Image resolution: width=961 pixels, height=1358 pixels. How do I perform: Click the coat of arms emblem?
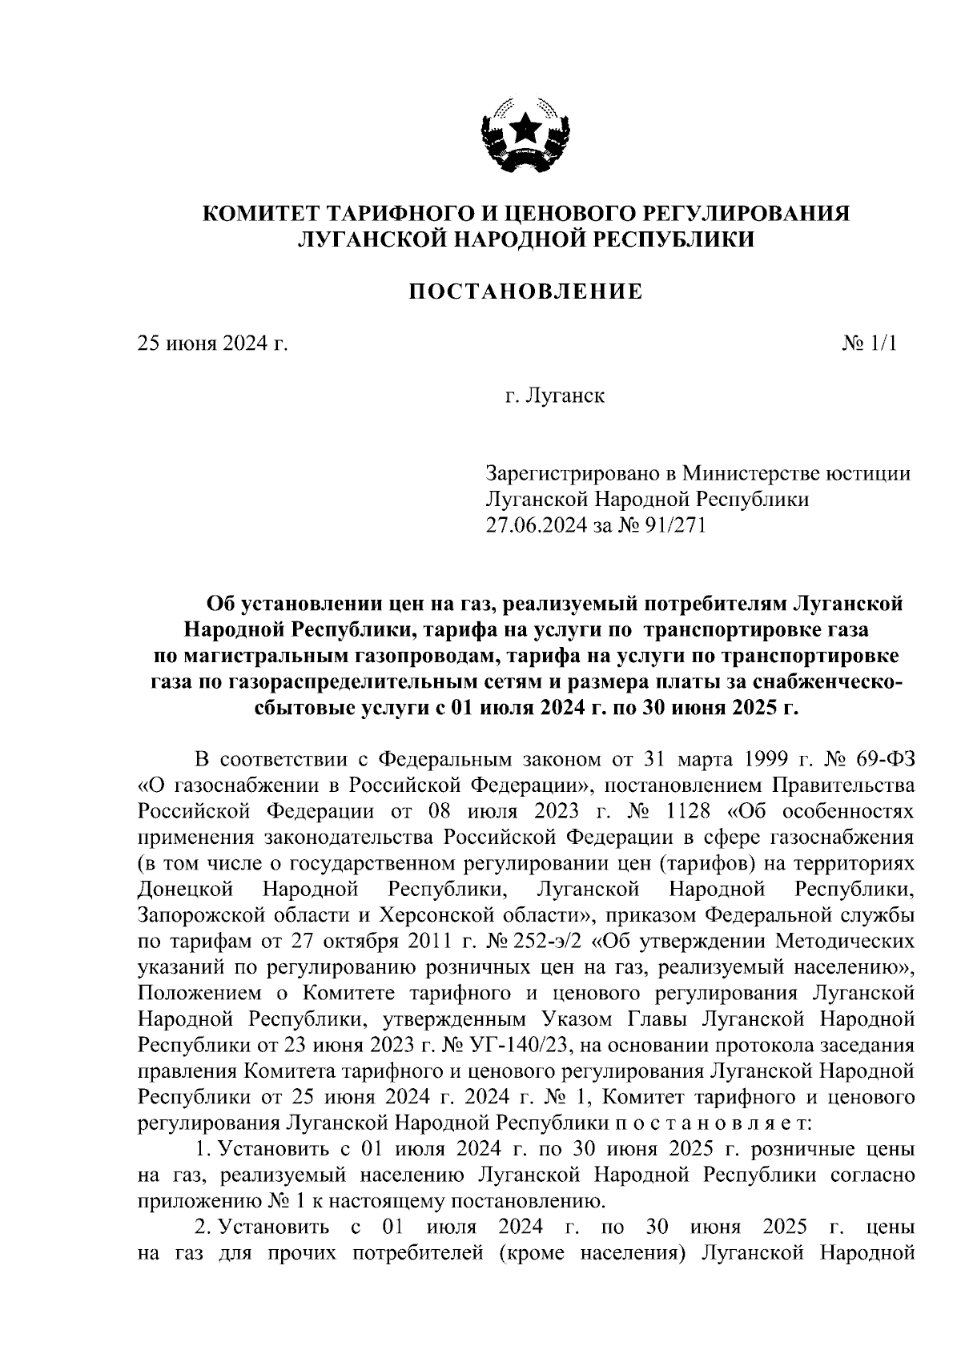[x=525, y=135]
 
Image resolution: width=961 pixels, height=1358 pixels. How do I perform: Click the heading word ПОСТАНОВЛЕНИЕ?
[x=525, y=291]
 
